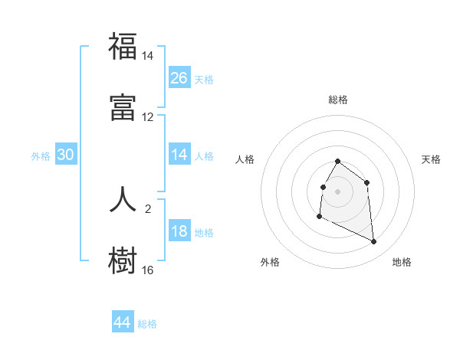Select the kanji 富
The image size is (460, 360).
pos(123,108)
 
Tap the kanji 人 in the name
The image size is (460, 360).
pos(123,198)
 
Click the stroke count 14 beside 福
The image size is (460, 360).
pos(147,56)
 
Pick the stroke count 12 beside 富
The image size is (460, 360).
pos(147,117)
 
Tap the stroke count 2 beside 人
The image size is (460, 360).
pos(147,208)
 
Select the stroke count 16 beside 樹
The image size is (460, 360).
pos(147,270)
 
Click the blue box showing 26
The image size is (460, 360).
pos(179,77)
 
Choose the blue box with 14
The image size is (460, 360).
pos(179,155)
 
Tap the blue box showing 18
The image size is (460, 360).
pos(179,231)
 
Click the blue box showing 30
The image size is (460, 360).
pos(66,155)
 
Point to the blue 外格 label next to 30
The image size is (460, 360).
pos(41,156)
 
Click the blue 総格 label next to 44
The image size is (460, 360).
pos(147,324)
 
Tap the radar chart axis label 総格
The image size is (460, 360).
pos(338,100)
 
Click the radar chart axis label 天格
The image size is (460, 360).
pos(432,159)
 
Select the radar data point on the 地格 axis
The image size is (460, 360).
pos(374,242)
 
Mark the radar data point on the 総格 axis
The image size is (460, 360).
pos(338,162)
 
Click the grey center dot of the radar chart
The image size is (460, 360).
pos(338,191)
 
